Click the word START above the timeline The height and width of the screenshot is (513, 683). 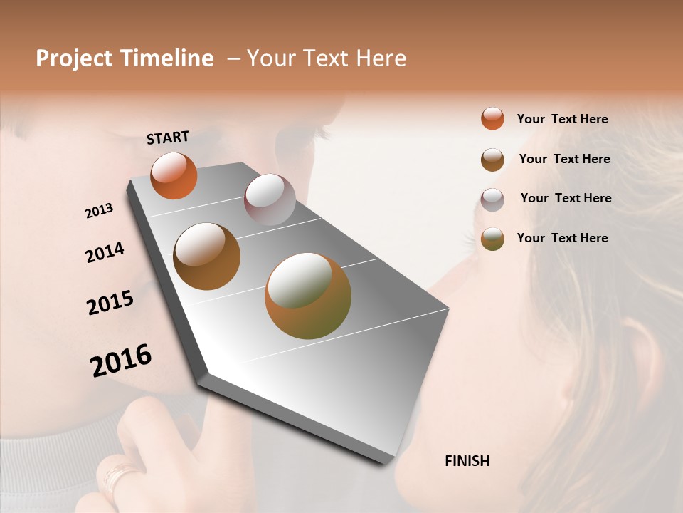coord(168,138)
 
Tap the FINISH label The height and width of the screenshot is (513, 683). coord(467,461)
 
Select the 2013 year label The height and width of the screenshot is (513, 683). coord(100,211)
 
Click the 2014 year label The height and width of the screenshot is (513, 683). coord(105,253)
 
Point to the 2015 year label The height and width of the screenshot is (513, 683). coord(110,303)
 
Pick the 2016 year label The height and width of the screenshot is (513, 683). coord(121,361)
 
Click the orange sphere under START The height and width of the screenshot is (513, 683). coord(174,175)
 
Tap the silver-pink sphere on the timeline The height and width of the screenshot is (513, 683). coord(270,199)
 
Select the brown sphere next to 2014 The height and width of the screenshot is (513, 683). coord(207,256)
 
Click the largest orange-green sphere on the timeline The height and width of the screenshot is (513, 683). coord(308,296)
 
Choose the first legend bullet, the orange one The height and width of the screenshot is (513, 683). coord(492,118)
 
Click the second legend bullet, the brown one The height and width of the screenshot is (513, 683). coord(492,160)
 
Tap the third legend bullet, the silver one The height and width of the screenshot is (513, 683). coord(492,199)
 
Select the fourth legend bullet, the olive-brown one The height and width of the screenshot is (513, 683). coord(492,239)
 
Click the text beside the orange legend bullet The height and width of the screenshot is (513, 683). coord(562,119)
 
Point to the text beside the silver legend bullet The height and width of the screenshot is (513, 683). coord(566,198)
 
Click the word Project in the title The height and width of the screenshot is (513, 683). coord(75,58)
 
